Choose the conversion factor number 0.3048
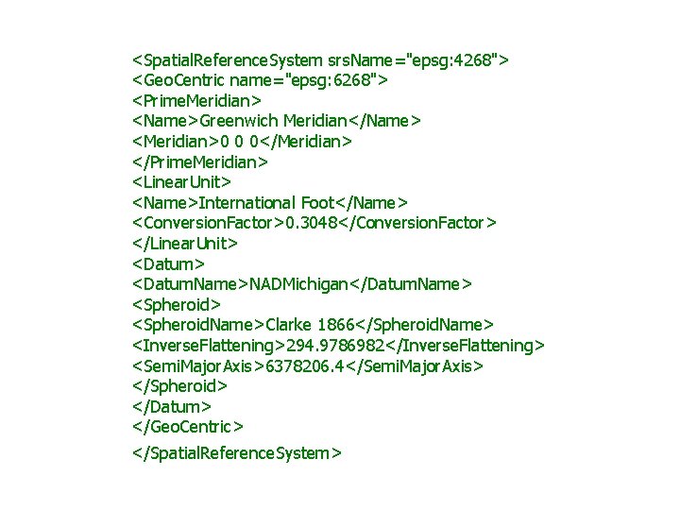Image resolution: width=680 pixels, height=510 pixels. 304,223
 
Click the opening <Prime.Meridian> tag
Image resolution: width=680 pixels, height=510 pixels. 196,101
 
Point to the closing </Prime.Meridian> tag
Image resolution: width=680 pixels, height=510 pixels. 200,161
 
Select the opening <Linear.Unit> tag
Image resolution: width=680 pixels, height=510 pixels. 181,182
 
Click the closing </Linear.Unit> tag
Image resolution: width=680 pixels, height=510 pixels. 185,244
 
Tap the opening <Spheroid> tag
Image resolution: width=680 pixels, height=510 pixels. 177,304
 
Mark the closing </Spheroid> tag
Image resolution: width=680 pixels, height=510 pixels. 179,386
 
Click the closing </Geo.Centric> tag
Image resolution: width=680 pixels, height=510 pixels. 187,427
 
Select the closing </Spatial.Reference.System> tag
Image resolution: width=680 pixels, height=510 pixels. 236,453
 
